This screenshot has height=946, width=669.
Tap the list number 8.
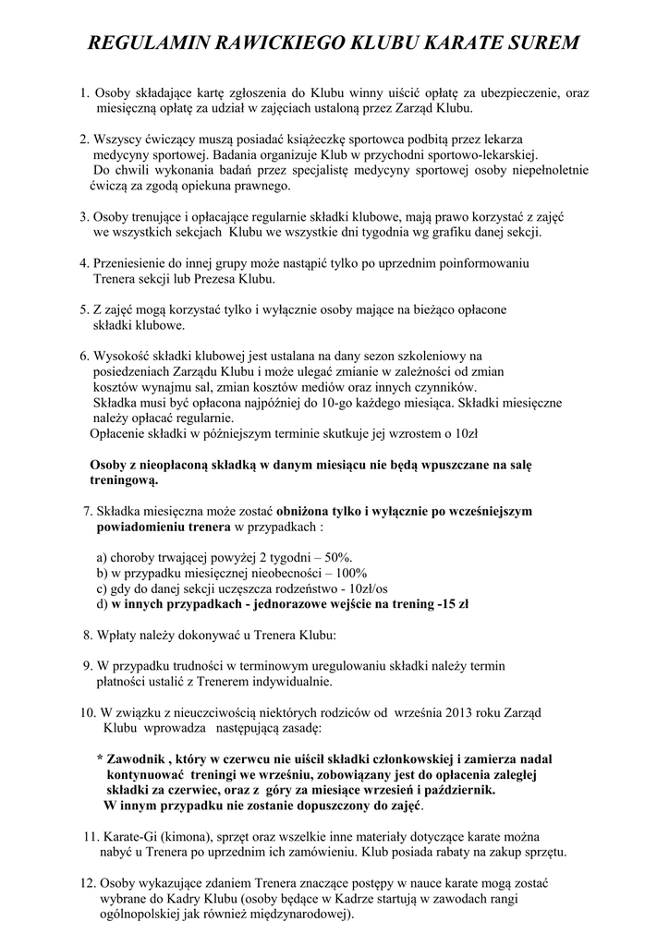pos(87,636)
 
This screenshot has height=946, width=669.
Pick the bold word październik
pos(455,790)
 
